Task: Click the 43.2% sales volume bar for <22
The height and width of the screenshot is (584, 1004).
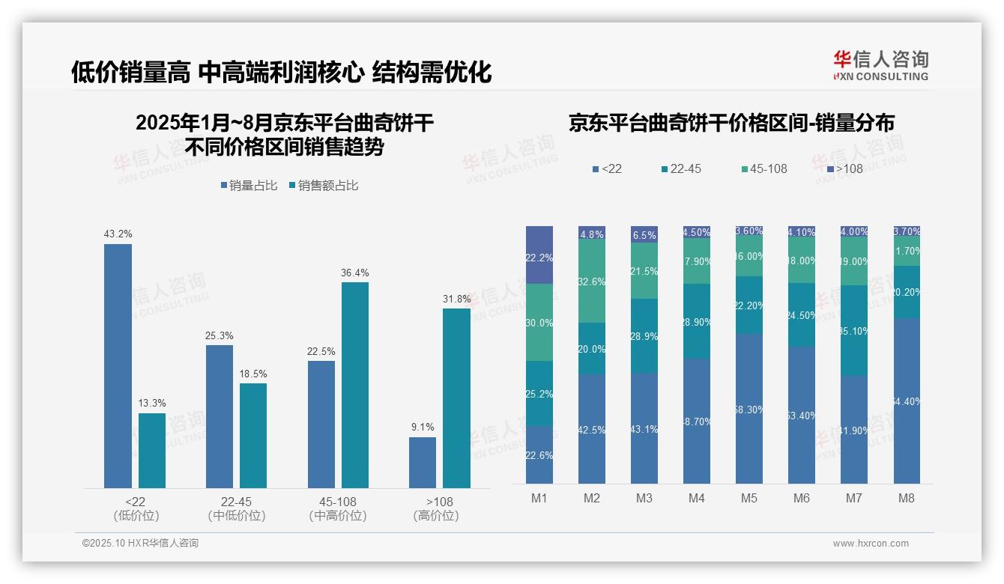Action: [x=118, y=366]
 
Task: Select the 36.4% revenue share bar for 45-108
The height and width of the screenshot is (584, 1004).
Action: [x=354, y=385]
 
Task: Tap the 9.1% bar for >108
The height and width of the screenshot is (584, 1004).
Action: [x=422, y=462]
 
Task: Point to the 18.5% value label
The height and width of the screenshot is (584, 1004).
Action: [x=252, y=374]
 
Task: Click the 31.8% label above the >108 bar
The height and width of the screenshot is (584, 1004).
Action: [x=456, y=299]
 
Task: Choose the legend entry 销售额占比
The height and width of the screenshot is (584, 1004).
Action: [x=323, y=186]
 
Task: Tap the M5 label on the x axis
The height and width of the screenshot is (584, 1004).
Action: [x=749, y=498]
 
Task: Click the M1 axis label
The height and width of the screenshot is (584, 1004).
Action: [x=539, y=498]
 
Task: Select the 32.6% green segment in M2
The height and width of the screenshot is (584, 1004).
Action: [x=591, y=282]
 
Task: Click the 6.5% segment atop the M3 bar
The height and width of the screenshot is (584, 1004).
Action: [x=644, y=234]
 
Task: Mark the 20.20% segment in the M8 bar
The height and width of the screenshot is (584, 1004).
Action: [x=906, y=292]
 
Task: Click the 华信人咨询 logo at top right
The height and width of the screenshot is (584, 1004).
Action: [x=880, y=65]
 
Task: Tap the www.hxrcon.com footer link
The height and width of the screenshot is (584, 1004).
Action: [x=870, y=544]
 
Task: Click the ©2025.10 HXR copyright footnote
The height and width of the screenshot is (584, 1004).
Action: [x=140, y=543]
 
